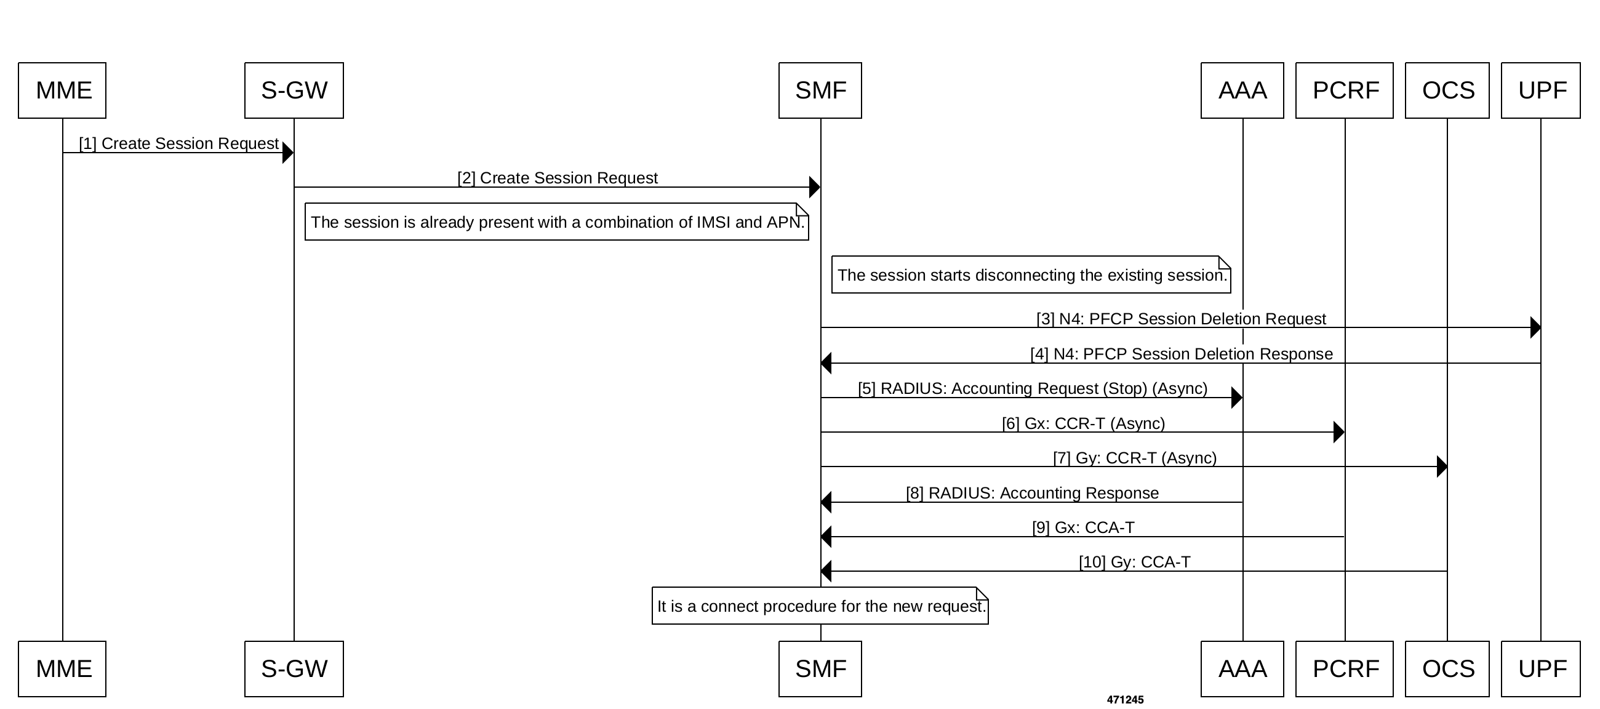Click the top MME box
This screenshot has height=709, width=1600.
[62, 90]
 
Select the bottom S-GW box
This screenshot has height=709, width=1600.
[294, 668]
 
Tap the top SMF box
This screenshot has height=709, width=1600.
[820, 90]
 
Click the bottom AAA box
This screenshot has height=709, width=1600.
[1242, 668]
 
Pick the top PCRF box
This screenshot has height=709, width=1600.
[1344, 90]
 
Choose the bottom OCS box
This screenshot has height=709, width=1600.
[1447, 668]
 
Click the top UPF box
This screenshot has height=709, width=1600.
[1540, 90]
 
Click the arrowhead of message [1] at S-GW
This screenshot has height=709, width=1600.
[287, 153]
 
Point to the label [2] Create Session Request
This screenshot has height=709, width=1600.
[557, 178]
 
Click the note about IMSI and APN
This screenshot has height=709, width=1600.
[556, 222]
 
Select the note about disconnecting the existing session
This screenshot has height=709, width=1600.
[1031, 274]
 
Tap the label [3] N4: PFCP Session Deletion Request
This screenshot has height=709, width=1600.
[1181, 319]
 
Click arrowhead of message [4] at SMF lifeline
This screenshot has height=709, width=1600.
[826, 363]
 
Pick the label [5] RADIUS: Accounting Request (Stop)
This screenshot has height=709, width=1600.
[1032, 388]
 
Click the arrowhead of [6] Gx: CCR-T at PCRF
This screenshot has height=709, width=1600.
[1338, 432]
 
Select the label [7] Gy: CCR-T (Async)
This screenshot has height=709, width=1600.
[1134, 458]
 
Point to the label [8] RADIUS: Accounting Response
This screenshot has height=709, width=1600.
[1031, 493]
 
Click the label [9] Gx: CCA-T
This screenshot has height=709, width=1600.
[1082, 527]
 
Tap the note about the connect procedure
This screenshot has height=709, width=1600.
[820, 606]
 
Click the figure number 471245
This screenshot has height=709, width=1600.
[1125, 700]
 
